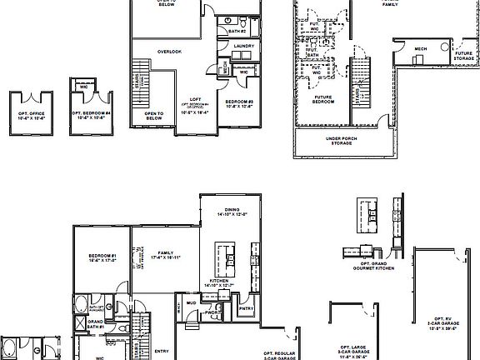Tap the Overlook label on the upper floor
point(169,52)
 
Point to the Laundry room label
point(243,46)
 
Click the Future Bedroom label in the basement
point(325,99)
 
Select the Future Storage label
point(464,55)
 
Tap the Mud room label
point(192,303)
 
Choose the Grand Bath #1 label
point(97,323)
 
